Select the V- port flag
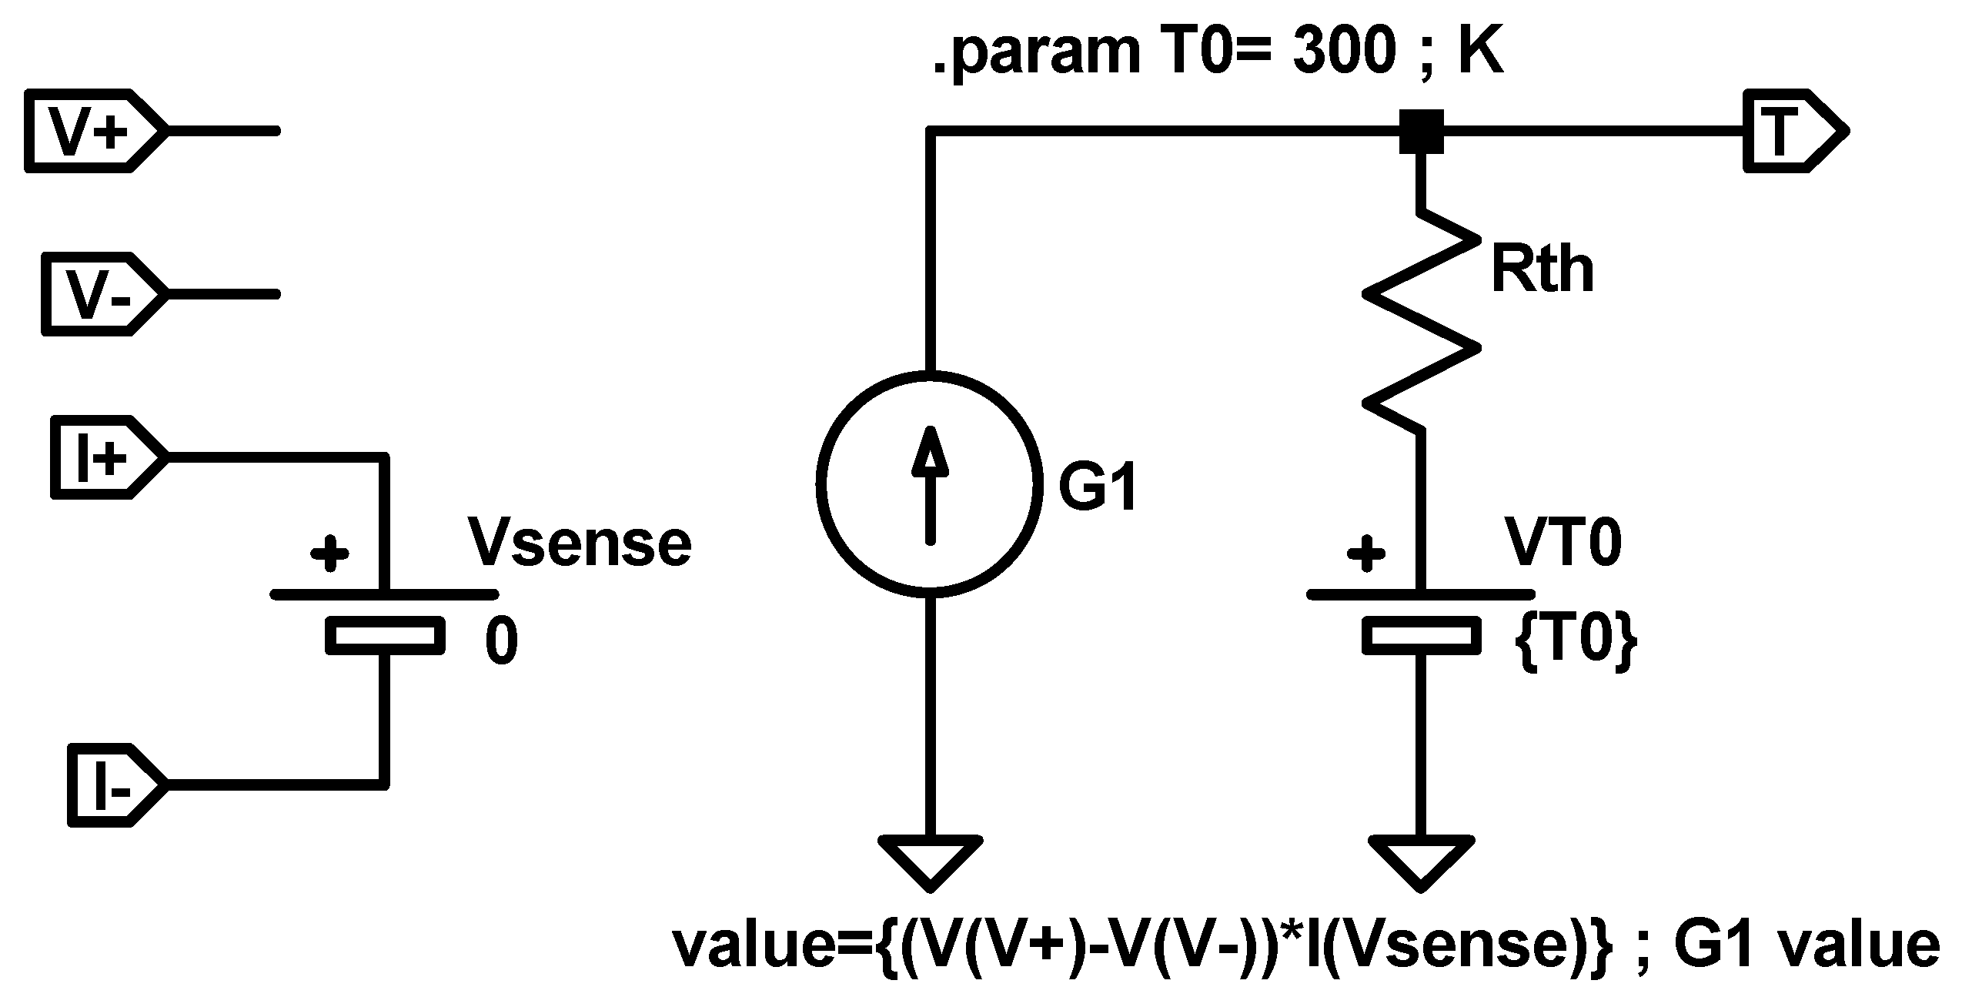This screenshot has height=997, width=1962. click(102, 293)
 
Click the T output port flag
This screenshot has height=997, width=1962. click(1793, 132)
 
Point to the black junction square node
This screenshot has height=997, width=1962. click(1420, 132)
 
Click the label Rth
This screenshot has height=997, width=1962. click(1542, 270)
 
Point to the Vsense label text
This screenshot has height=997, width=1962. click(580, 544)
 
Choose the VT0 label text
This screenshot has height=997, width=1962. click(1563, 544)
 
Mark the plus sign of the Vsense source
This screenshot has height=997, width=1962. click(329, 553)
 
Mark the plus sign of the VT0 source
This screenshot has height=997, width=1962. click(1366, 553)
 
